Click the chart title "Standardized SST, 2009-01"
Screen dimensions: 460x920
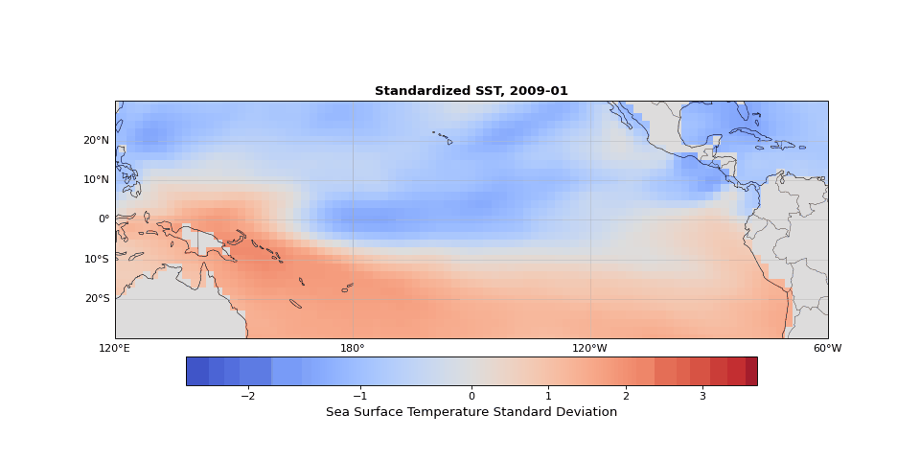(x=471, y=91)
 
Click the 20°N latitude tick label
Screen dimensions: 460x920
(x=96, y=140)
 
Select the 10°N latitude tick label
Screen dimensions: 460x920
(x=96, y=179)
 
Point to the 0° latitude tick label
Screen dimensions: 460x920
(x=103, y=218)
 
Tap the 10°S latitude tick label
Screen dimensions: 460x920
(x=96, y=259)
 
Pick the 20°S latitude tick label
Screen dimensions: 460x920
(x=96, y=298)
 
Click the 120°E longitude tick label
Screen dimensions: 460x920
(x=115, y=348)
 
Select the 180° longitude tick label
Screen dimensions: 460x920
(x=353, y=348)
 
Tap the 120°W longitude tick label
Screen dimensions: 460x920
(x=589, y=348)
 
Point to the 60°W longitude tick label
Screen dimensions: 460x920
(x=827, y=348)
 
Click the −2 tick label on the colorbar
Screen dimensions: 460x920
(x=247, y=396)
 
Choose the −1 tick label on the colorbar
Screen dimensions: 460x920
(x=359, y=396)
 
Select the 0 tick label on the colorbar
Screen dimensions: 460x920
(x=471, y=396)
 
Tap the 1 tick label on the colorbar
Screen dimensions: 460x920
(x=548, y=396)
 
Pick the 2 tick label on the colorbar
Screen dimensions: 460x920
(x=626, y=396)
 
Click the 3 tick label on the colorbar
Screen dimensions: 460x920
(x=702, y=396)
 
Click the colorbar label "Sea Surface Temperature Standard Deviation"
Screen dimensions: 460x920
(x=471, y=412)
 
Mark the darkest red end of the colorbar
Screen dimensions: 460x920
(x=751, y=371)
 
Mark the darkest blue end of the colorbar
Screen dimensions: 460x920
(x=193, y=371)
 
